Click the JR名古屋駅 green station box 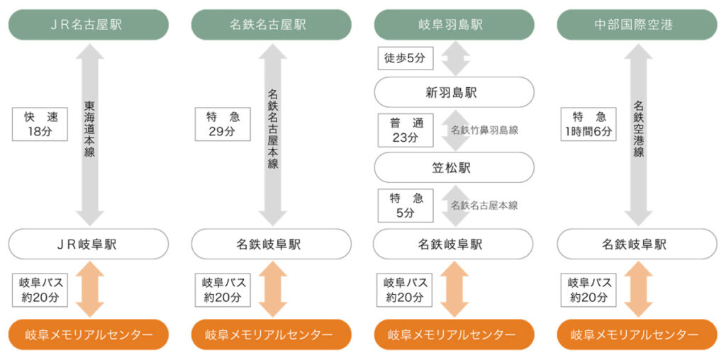point(89,25)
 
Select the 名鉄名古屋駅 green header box point(272,25)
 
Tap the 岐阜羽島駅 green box point(454,25)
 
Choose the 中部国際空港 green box point(637,25)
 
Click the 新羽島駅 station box point(454,92)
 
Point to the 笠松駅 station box point(454,168)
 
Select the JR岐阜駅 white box point(89,244)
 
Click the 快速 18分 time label point(40,124)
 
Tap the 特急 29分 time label point(223,124)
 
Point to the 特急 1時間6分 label point(588,124)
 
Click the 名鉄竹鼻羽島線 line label point(484,130)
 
